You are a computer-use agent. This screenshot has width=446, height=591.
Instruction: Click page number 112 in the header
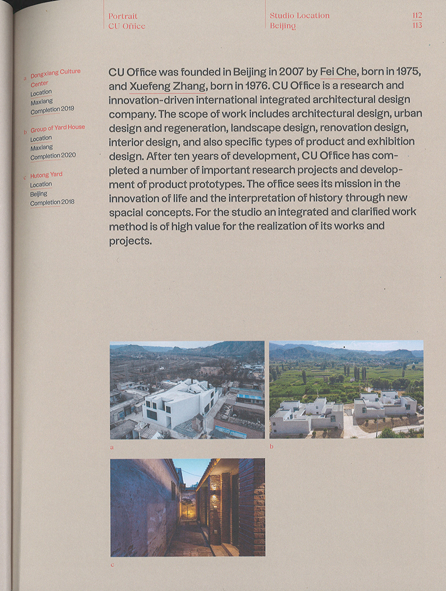tap(416, 16)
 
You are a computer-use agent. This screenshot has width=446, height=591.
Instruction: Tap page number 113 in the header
tap(416, 26)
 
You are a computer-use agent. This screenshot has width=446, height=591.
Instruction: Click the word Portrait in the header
tap(123, 16)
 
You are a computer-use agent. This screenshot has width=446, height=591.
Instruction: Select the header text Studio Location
tap(299, 16)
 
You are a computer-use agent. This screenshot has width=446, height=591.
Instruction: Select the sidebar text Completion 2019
tap(52, 110)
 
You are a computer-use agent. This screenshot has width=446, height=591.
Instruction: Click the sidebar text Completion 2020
tap(53, 156)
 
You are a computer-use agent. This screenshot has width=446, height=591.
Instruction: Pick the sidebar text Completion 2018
tap(52, 202)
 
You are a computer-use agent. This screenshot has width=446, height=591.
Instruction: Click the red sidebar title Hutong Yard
tap(46, 175)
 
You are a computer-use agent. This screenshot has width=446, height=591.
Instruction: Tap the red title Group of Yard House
tap(58, 128)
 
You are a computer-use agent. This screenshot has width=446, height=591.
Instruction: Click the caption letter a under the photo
tap(112, 447)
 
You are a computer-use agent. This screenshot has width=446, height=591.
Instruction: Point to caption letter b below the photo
tap(271, 446)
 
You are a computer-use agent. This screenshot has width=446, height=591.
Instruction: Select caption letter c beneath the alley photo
tap(112, 565)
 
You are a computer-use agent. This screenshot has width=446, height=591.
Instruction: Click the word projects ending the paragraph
tap(130, 241)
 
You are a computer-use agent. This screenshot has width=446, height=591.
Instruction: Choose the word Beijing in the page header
tap(283, 26)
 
